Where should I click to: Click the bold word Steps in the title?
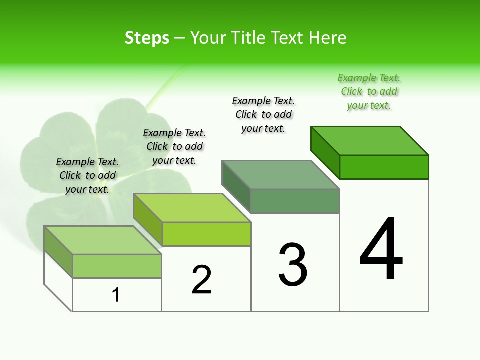point(147,38)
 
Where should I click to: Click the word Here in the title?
point(327,38)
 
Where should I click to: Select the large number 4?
point(381,250)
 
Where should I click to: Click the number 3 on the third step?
point(293,265)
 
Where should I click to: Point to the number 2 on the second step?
point(202,280)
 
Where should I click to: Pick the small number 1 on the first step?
point(116,295)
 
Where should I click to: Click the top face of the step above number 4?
point(370,140)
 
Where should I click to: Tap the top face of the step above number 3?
point(281,174)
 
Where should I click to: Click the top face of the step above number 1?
point(103,240)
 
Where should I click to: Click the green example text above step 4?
point(369,92)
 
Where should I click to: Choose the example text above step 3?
point(263,114)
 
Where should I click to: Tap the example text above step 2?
point(174,146)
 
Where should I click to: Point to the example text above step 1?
point(87,175)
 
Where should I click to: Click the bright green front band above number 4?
point(384,167)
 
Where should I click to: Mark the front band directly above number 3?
point(295,201)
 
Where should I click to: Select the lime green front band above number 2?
point(206,234)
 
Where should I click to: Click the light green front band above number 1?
point(117,266)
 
